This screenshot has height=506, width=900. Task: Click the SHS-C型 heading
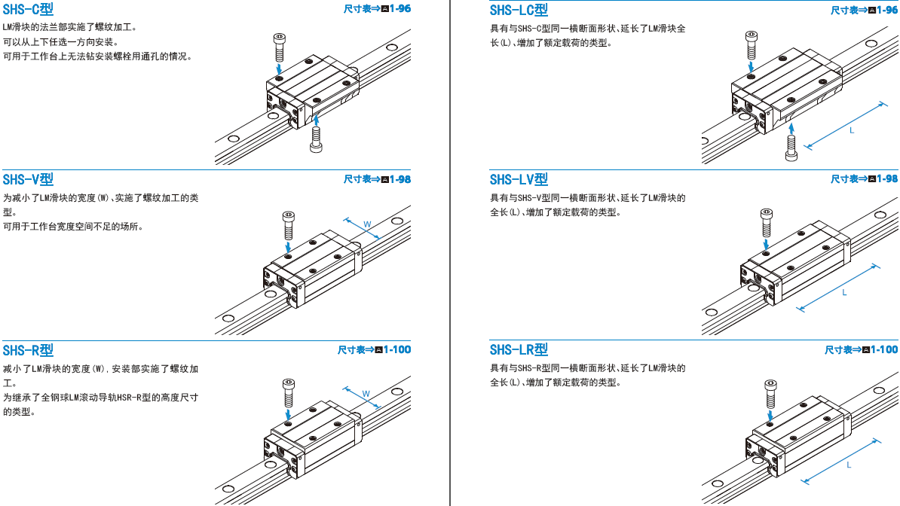(28, 10)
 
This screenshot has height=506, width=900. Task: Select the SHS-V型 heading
(28, 179)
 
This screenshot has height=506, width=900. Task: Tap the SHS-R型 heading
(28, 350)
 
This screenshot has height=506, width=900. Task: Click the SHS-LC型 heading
(519, 10)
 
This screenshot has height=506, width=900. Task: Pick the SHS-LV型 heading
(519, 179)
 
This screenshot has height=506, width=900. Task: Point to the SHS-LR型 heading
(519, 350)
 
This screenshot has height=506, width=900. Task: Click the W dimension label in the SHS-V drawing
(367, 224)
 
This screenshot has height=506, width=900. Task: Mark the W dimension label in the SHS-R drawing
(366, 394)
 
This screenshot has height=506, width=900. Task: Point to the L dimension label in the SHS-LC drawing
(852, 130)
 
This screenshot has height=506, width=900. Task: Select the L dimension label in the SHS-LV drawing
(844, 292)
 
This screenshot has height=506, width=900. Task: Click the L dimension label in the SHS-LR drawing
(849, 465)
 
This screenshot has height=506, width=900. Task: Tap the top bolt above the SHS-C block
(279, 47)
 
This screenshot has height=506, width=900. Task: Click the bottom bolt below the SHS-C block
(316, 139)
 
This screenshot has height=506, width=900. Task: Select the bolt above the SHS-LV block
(765, 223)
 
